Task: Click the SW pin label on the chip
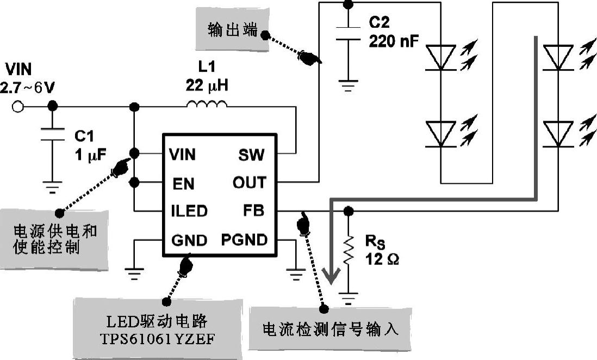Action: pyautogui.click(x=251, y=156)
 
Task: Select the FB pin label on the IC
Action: pyautogui.click(x=254, y=210)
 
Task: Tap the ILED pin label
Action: pyautogui.click(x=189, y=211)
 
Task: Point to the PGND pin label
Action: pyautogui.click(x=244, y=239)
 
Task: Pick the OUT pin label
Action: pyautogui.click(x=250, y=183)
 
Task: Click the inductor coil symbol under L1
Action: pyautogui.click(x=207, y=104)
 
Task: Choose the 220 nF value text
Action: pyautogui.click(x=394, y=41)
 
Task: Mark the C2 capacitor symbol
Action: pyautogui.click(x=348, y=33)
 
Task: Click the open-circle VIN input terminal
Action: pyautogui.click(x=18, y=107)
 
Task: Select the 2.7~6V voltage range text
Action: pyautogui.click(x=28, y=87)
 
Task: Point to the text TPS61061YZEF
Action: pyautogui.click(x=158, y=339)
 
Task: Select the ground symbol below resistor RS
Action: pyautogui.click(x=349, y=297)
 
